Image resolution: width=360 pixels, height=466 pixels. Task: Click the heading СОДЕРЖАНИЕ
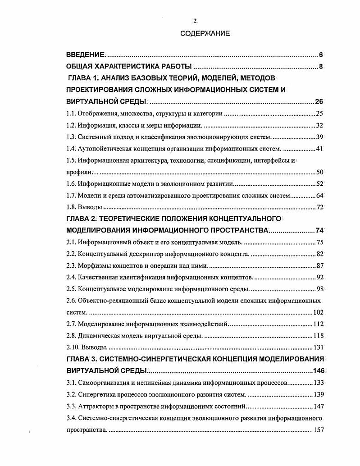[x=205, y=33]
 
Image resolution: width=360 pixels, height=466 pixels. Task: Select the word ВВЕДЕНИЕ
[x=86, y=55]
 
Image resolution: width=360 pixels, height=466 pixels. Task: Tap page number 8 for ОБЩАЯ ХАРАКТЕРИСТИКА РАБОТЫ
[x=321, y=67]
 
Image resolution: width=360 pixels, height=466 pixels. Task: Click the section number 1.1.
[x=71, y=114]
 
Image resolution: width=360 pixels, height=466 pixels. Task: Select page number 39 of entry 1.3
[x=319, y=137]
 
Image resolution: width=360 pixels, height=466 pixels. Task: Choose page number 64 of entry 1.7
[x=319, y=196]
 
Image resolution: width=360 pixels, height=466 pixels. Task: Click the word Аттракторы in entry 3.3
[x=96, y=406]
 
